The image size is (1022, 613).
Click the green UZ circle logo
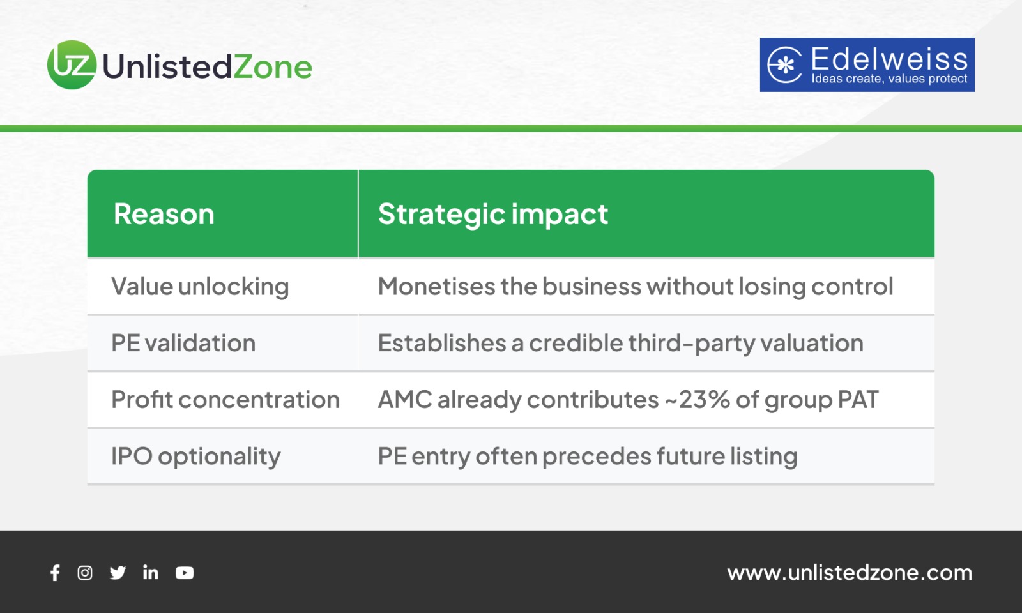pyautogui.click(x=72, y=64)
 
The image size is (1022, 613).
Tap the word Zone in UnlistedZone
pyautogui.click(x=273, y=66)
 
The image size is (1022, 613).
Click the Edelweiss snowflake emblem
pyautogui.click(x=784, y=64)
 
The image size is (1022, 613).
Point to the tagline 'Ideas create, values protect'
pyautogui.click(x=889, y=79)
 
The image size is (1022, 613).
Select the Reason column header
pyautogui.click(x=164, y=214)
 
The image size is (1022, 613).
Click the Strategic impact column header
pyautogui.click(x=493, y=215)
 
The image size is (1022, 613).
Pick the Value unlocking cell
pyautogui.click(x=200, y=287)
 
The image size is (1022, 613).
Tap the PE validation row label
pyautogui.click(x=183, y=343)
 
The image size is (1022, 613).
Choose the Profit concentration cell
pyautogui.click(x=225, y=400)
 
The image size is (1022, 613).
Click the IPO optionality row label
pyautogui.click(x=195, y=456)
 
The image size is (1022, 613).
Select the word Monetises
pyautogui.click(x=437, y=287)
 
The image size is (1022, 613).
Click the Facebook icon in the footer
pyautogui.click(x=55, y=573)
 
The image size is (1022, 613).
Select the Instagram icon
pyautogui.click(x=85, y=573)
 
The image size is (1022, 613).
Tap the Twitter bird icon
pyautogui.click(x=118, y=573)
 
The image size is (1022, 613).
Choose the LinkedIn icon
pyautogui.click(x=151, y=572)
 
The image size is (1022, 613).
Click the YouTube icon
pyautogui.click(x=185, y=573)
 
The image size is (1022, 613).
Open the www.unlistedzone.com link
pyautogui.click(x=850, y=573)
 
